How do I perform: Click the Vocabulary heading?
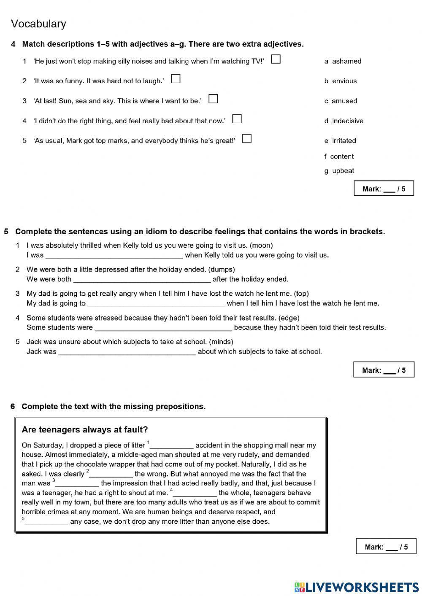[x=38, y=24]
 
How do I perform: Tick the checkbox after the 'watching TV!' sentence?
[x=276, y=59]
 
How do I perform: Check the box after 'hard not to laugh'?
[x=176, y=79]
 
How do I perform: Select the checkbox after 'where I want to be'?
[x=214, y=99]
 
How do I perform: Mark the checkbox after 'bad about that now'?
[x=237, y=119]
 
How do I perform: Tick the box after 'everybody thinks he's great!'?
[x=247, y=138]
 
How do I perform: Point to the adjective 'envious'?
[x=344, y=81]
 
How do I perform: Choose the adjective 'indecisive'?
[x=347, y=121]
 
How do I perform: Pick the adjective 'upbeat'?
[x=343, y=171]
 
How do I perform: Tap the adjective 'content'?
[x=342, y=156]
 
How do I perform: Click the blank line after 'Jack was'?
[x=127, y=353]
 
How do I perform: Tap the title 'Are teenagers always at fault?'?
[x=85, y=430]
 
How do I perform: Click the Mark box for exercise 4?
[x=384, y=189]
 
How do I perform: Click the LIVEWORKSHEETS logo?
[x=357, y=587]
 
